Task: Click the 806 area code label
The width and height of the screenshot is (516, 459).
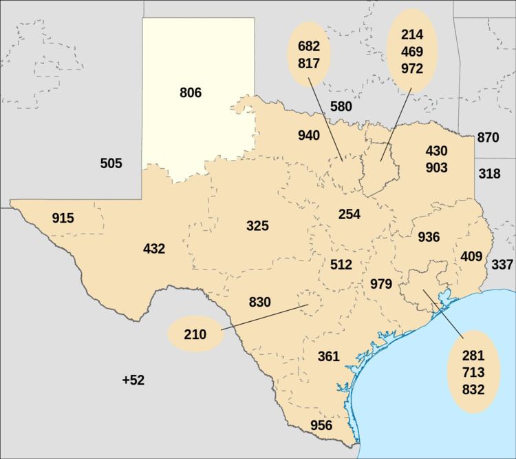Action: [x=190, y=92]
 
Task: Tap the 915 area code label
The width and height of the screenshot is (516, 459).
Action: [x=63, y=218]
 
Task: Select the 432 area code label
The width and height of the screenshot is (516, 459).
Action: [x=154, y=249]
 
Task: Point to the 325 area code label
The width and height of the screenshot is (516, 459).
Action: [x=257, y=225]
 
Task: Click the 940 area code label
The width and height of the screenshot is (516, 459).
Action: [x=308, y=135]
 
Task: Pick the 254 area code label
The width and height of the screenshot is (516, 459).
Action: [x=350, y=214]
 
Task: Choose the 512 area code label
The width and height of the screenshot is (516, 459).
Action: [x=341, y=265]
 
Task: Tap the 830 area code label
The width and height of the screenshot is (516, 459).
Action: [x=259, y=302]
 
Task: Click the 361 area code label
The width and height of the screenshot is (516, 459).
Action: [x=329, y=356]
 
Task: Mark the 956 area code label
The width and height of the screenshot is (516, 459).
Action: [x=321, y=425]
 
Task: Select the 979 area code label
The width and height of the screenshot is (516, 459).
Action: [x=381, y=283]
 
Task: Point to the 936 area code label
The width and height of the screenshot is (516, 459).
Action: [x=429, y=237]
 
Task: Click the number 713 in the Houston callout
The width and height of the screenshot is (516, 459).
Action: [x=474, y=373]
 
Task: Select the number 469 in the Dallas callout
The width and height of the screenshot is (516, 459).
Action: [x=412, y=52]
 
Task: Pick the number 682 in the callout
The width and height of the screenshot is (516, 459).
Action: [x=308, y=46]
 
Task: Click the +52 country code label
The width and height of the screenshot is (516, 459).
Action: [x=133, y=380]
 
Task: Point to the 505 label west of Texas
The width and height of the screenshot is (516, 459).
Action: [x=111, y=163]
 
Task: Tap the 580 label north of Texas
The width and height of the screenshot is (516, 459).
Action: [x=341, y=107]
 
